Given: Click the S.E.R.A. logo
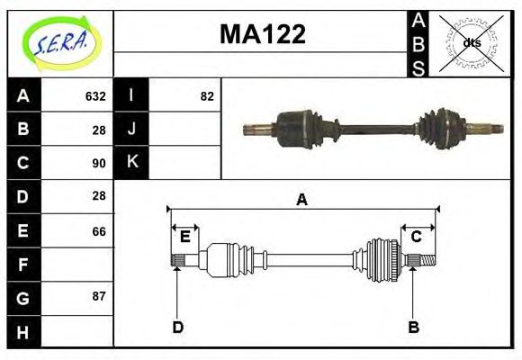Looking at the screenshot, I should point(59,43).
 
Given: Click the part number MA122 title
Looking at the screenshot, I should point(263,35).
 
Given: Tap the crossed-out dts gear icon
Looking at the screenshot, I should point(471,43).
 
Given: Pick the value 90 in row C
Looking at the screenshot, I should point(99,163).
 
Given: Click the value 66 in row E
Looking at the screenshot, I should point(99,231).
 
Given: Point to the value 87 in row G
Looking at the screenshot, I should point(99,296).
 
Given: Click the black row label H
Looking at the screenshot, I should point(23,332).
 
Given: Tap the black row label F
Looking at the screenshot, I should point(23,265).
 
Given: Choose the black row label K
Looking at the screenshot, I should point(131,162).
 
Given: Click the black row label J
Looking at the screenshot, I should point(131,129).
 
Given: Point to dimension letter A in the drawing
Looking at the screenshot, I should point(302,199).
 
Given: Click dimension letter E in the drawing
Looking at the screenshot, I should point(184,237).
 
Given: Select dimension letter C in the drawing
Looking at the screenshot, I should point(416,237).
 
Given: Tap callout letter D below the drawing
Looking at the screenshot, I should point(177,327).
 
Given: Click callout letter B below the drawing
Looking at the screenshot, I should point(414,327).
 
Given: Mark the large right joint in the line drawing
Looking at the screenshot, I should point(382,260).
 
